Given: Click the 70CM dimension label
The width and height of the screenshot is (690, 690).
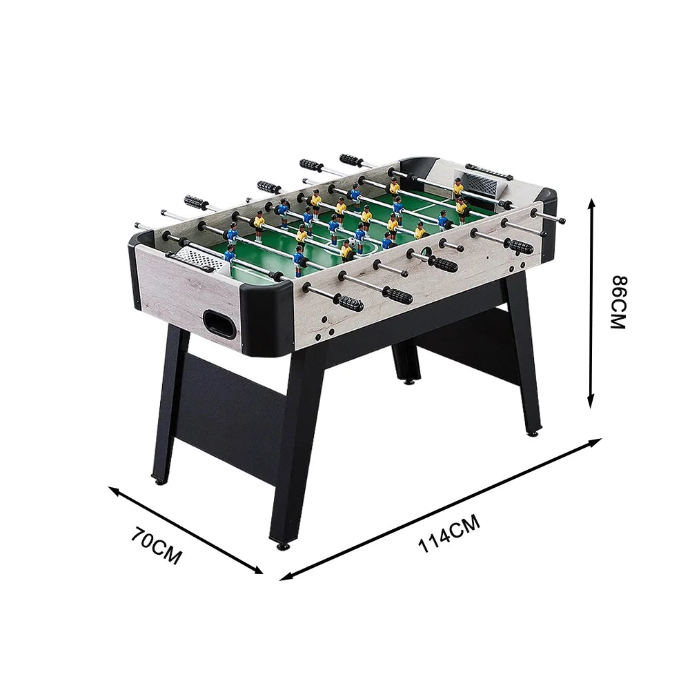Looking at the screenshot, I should point(158,545).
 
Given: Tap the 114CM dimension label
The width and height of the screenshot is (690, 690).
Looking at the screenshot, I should point(449,533).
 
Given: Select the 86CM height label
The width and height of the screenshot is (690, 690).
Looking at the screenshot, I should point(617,302).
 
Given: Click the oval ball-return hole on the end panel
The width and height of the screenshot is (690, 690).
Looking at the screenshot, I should point(219,323).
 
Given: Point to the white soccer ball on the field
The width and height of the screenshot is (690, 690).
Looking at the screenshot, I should point(351,243).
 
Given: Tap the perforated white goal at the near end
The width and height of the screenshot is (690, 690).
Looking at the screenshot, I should point(197,259).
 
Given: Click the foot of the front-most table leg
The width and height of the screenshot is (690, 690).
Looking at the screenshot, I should point(282,545).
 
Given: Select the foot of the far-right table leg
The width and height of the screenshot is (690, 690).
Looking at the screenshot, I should point(532,433).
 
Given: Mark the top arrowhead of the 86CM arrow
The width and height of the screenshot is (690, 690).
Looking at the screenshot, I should point(591,201).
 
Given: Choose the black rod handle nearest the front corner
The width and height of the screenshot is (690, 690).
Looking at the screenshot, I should point(351,303).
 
